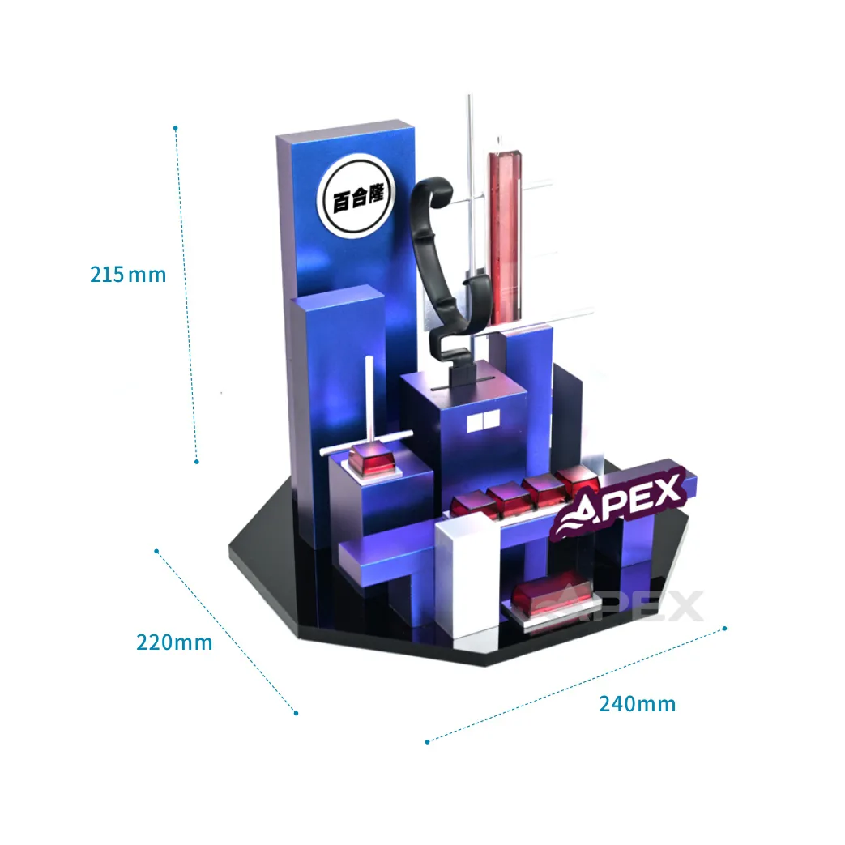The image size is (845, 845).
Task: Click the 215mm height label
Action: [127, 275]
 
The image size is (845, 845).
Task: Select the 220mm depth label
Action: [173, 642]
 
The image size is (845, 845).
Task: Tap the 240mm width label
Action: [637, 704]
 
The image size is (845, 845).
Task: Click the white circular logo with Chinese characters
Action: [357, 198]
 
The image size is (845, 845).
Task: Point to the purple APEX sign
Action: [622, 501]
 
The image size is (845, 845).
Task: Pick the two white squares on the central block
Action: [481, 422]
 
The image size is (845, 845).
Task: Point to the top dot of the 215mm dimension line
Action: [175, 128]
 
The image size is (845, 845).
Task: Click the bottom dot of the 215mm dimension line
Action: [196, 462]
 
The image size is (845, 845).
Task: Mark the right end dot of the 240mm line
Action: [724, 628]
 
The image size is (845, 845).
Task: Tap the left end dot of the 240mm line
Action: [427, 740]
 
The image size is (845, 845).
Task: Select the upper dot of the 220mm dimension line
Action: [156, 551]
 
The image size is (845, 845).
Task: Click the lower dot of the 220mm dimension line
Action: [296, 713]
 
